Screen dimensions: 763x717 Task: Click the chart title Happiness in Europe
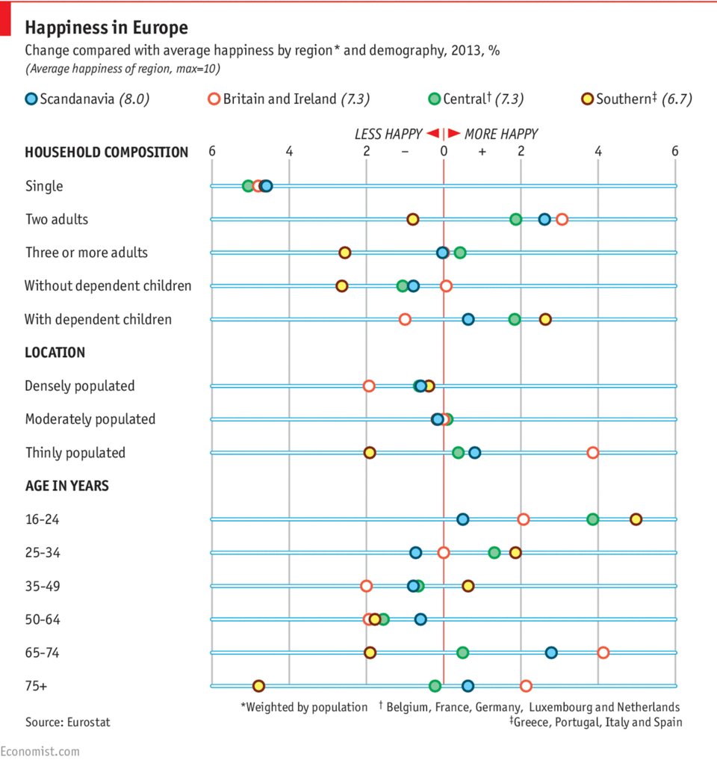106,28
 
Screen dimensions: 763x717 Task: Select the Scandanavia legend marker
31,99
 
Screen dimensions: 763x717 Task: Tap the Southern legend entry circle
587,99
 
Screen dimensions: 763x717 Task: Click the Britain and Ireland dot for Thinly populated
593,453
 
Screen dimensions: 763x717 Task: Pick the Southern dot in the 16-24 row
636,519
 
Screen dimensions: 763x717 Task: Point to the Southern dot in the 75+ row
258,686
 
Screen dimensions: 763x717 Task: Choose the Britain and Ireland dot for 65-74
603,652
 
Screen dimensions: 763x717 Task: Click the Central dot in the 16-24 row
593,519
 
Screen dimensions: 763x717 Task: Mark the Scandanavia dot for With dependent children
468,319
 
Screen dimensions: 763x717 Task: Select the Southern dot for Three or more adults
345,253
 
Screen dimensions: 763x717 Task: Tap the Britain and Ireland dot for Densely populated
369,386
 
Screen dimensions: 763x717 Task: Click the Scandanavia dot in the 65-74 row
551,652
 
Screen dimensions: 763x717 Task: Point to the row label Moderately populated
90,419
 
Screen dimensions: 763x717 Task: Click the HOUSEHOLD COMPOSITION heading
106,152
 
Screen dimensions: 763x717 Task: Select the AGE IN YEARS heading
66,486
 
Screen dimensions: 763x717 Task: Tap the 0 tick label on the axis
444,152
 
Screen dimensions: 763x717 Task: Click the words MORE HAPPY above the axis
500,135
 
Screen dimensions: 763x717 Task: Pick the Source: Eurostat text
62,723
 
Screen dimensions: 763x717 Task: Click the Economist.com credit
40,751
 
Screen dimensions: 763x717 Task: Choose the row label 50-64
43,620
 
